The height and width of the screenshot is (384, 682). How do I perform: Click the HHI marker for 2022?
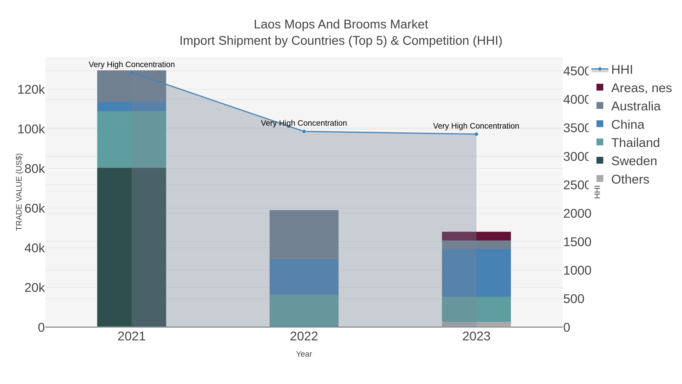pos(304,131)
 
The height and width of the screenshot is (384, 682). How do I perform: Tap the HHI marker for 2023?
pos(476,134)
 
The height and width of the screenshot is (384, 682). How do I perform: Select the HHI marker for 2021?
pos(132,72)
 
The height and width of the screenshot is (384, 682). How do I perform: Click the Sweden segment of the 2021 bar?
pos(132,247)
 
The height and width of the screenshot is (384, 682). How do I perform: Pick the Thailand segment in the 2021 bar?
pos(132,139)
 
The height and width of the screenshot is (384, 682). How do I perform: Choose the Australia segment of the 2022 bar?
pos(304,235)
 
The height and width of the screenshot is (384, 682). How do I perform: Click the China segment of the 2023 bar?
pos(476,273)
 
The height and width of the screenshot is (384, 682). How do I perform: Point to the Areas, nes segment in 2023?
pos(476,236)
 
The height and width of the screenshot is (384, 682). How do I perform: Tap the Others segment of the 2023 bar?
pos(476,324)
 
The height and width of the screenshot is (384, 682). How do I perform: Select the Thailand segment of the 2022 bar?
pos(304,311)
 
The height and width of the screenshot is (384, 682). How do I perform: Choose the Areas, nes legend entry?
pos(641,88)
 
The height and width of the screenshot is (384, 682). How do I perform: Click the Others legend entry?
pos(630,179)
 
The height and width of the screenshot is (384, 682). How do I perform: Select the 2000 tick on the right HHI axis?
pos(577,214)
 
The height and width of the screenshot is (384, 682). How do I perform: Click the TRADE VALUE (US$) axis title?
pos(19,192)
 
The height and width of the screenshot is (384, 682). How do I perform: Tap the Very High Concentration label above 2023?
pos(476,126)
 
